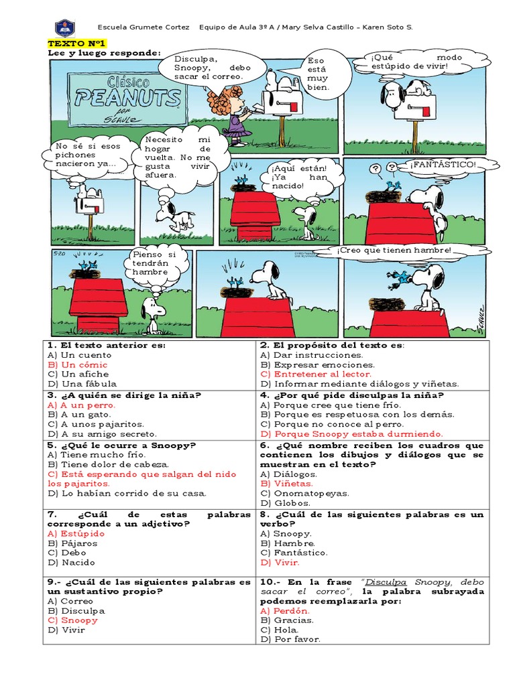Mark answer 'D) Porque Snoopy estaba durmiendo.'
pyautogui.click(x=351, y=433)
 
